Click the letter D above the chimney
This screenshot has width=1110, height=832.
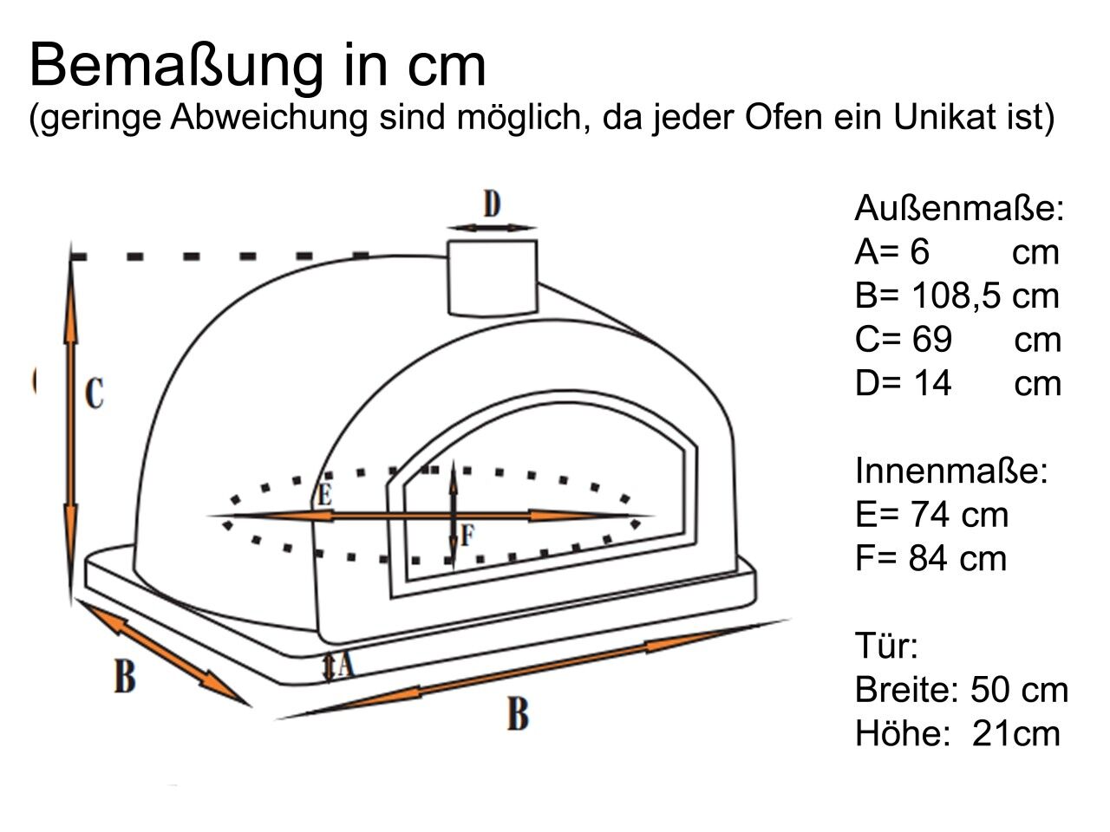(x=492, y=203)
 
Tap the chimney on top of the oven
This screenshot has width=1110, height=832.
(x=492, y=278)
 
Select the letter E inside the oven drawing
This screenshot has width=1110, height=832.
(x=324, y=495)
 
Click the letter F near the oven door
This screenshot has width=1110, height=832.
(x=467, y=536)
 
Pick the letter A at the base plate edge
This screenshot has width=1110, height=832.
(x=346, y=664)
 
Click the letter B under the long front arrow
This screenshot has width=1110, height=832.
(x=518, y=714)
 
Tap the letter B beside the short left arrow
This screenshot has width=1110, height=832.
(x=125, y=676)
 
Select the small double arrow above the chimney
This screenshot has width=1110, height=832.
(x=492, y=228)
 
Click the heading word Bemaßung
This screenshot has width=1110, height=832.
(x=176, y=67)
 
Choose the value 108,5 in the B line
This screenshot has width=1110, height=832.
(x=953, y=296)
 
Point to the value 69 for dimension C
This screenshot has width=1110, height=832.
(x=932, y=340)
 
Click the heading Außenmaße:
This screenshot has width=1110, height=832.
(x=959, y=208)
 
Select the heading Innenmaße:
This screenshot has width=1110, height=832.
(x=951, y=471)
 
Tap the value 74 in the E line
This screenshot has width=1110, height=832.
(x=930, y=515)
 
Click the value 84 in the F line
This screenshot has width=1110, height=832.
(x=929, y=558)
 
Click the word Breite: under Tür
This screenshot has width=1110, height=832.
(x=908, y=689)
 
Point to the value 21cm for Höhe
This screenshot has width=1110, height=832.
(x=1015, y=733)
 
